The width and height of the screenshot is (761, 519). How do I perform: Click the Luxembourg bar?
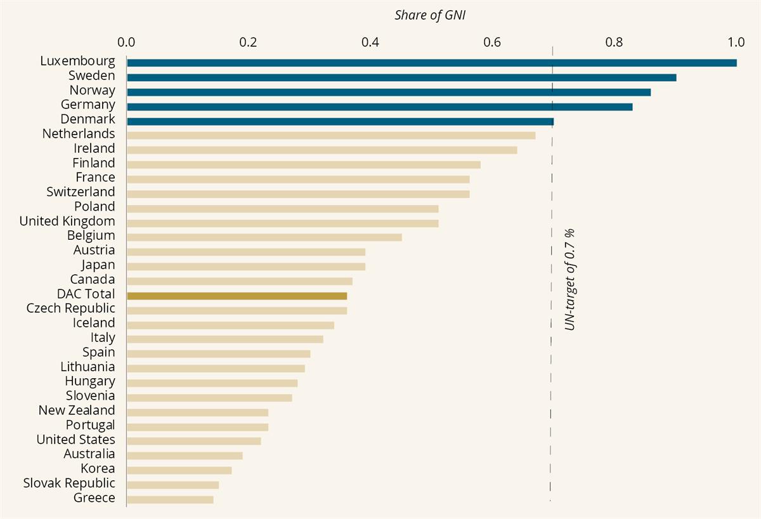coord(431,63)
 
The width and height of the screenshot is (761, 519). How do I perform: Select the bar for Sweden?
coord(401,77)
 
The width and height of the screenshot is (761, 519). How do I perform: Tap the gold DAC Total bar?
coord(237,296)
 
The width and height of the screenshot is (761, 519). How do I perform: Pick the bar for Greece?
coord(170,499)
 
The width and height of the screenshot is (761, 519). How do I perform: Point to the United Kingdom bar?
coord(282,223)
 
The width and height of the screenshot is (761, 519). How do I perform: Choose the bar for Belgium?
coord(264,237)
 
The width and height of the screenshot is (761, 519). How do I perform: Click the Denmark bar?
coord(340,121)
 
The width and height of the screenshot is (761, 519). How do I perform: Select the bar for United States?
coord(193,441)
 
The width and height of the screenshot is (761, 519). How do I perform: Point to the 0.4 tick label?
coord(370,43)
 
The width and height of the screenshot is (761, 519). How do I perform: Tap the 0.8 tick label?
coord(614,43)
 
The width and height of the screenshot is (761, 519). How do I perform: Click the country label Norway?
coord(92,90)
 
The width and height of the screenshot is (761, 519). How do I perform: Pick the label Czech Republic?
coord(71,308)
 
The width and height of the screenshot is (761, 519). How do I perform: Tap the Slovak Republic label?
coord(69,483)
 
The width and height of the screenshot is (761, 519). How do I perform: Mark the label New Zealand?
coord(77,411)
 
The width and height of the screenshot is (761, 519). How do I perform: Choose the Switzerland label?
coord(81,192)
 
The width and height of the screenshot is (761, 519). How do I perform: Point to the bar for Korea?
coord(179,470)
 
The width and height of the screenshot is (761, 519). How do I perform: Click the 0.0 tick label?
coord(127,43)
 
